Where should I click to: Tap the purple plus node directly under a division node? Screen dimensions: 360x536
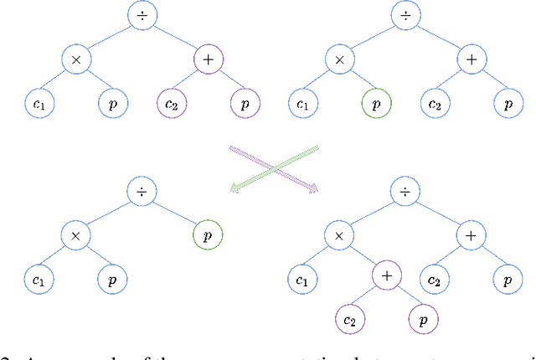click(209, 59)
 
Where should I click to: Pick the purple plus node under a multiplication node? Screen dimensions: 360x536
click(388, 275)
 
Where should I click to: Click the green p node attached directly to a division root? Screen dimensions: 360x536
click(209, 236)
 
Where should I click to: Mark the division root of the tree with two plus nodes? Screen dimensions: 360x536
click(405, 192)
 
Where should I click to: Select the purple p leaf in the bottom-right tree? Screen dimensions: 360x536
click(422, 319)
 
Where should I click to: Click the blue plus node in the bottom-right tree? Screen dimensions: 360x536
click(471, 236)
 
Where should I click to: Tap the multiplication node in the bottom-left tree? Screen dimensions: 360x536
click(76, 236)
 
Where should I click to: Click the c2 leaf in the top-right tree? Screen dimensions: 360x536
click(435, 105)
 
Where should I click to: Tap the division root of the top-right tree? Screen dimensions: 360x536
click(405, 14)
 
